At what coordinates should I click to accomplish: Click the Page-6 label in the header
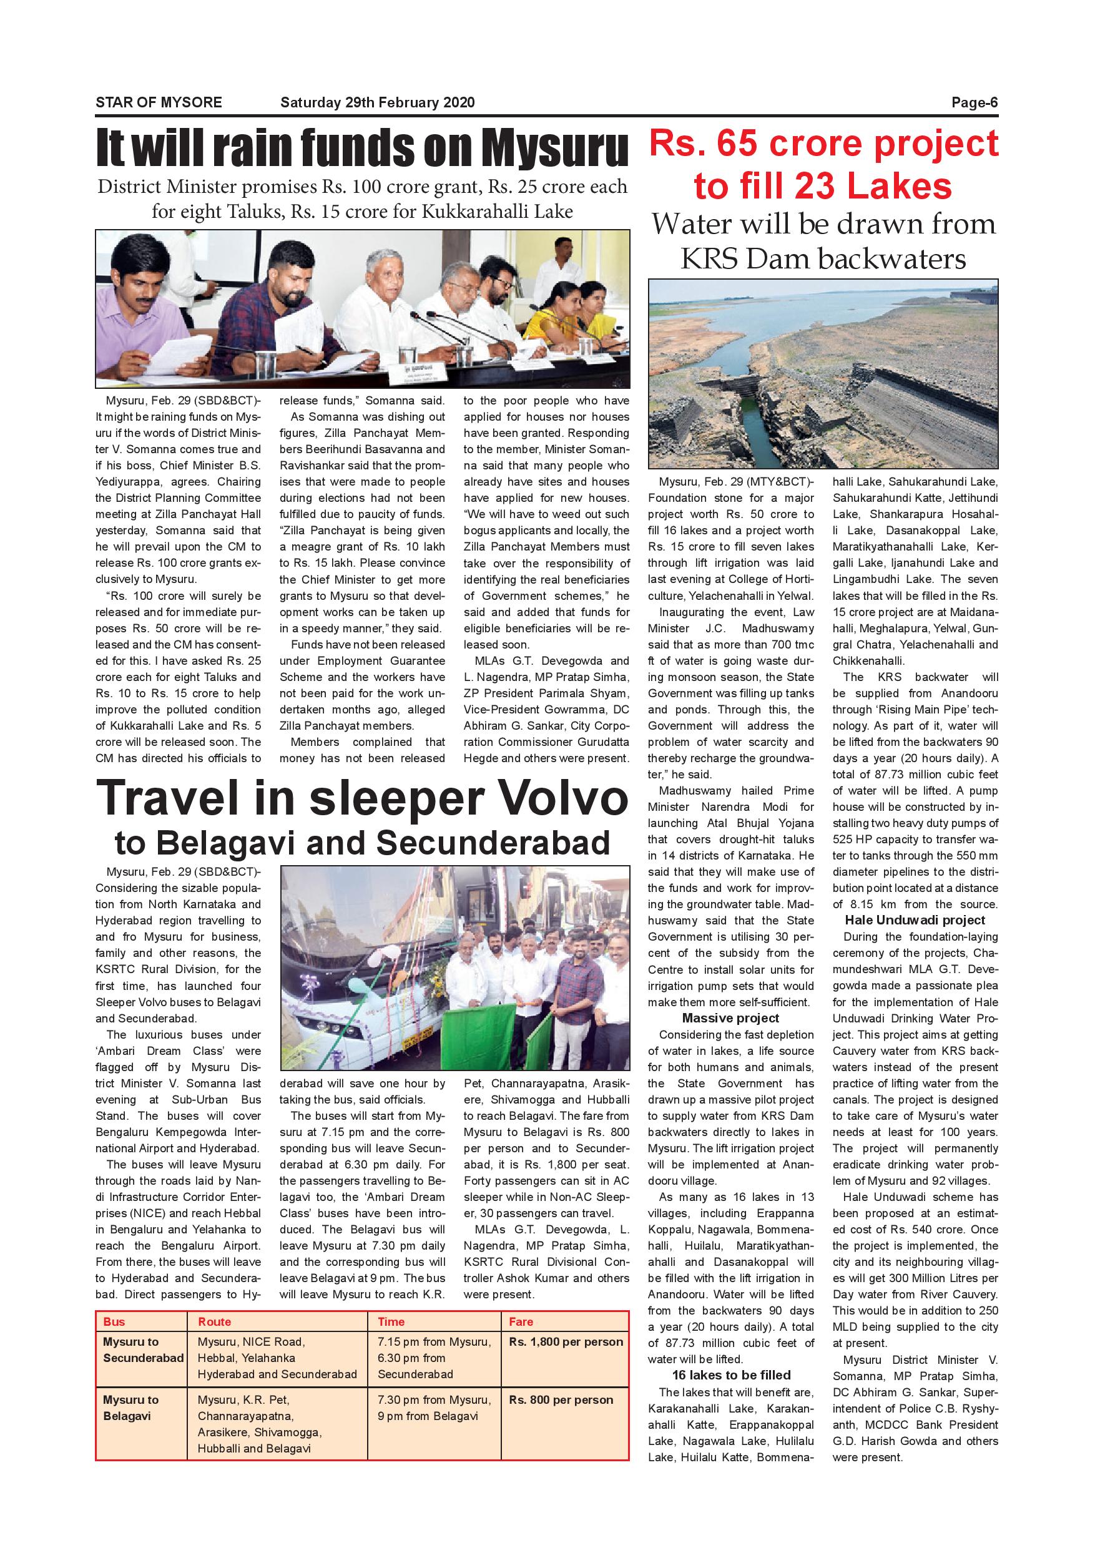(975, 102)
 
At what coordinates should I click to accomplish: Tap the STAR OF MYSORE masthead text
(159, 102)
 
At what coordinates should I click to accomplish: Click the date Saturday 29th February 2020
(377, 102)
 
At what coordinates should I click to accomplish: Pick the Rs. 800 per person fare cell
(561, 1399)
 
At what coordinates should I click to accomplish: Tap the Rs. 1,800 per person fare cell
(566, 1341)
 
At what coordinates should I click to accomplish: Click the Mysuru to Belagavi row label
(131, 1408)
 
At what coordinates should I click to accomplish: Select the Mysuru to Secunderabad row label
(143, 1350)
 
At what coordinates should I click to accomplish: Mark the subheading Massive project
(730, 1018)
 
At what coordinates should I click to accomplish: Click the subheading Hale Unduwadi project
(915, 920)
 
